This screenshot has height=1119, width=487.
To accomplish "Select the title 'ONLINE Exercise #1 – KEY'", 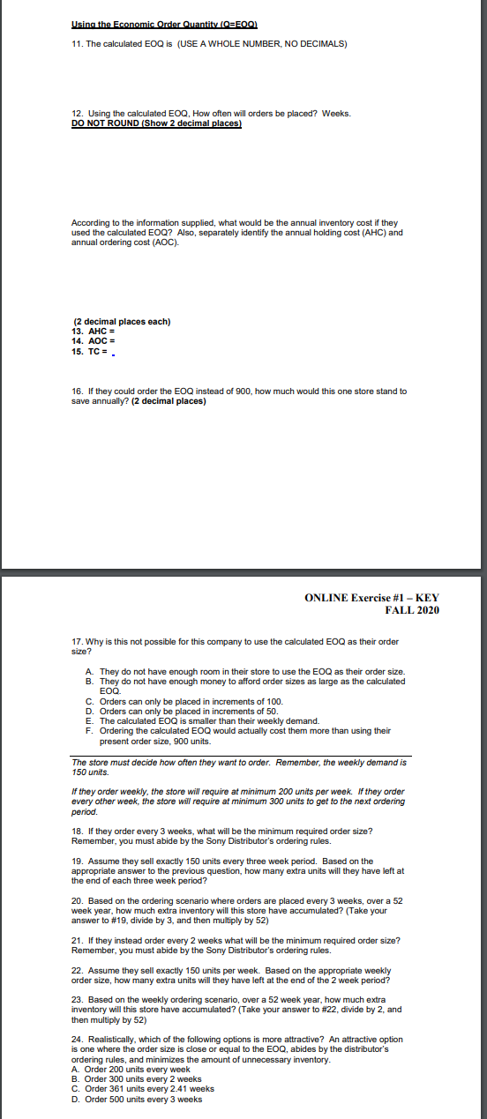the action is [x=371, y=598].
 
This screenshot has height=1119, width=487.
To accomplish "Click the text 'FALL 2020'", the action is [x=412, y=610].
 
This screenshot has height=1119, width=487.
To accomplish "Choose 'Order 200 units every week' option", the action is [x=132, y=1070].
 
